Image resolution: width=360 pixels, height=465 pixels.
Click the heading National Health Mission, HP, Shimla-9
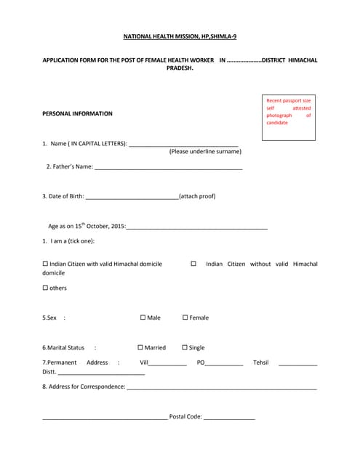click(179, 36)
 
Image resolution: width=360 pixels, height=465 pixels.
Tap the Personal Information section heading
click(78, 113)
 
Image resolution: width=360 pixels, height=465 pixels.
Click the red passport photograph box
click(289, 117)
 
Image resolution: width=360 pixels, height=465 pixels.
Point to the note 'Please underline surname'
click(205, 152)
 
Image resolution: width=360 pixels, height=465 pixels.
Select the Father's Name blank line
click(169, 168)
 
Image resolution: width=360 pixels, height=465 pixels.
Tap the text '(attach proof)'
click(197, 196)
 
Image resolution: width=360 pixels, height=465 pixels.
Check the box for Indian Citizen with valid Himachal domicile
click(45, 264)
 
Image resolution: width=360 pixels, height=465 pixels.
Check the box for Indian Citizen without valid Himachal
click(193, 264)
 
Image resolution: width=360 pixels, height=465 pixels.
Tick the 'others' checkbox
click(45, 288)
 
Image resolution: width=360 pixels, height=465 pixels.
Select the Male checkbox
click(143, 318)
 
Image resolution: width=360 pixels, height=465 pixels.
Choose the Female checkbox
click(185, 318)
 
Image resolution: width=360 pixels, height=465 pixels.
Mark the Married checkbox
click(140, 347)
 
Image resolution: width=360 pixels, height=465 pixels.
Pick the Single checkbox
click(184, 347)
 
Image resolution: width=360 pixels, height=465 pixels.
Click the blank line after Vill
click(167, 364)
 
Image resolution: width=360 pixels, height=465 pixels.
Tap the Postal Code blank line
click(229, 418)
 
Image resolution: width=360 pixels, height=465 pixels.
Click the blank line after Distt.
click(101, 373)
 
